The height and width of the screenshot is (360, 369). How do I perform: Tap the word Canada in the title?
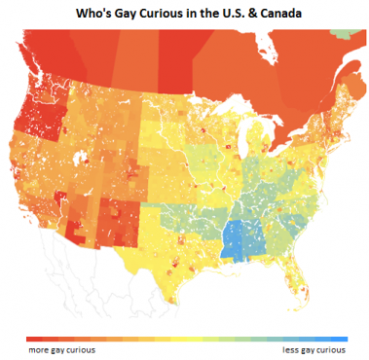coord(271,14)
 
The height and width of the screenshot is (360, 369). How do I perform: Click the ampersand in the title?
coord(240,14)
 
